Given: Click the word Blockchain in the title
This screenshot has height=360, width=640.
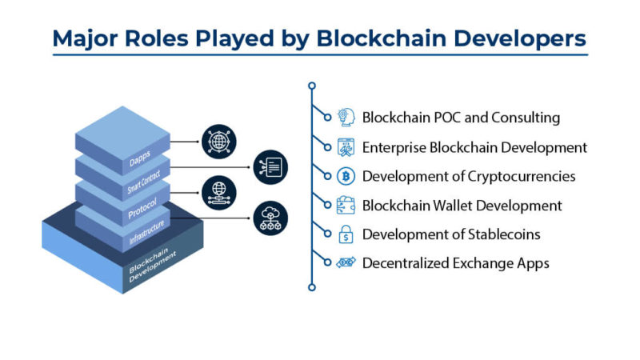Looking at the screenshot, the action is [382, 38].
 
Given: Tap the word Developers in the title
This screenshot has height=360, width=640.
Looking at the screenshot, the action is [520, 39].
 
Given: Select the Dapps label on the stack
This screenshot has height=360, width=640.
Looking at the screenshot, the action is [139, 158].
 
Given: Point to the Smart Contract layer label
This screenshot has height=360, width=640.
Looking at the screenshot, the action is [144, 182].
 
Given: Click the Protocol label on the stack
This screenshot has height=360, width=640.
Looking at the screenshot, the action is [142, 209].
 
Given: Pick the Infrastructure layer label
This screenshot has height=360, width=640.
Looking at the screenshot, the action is [146, 232].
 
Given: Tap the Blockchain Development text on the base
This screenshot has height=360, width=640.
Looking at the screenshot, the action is [152, 265].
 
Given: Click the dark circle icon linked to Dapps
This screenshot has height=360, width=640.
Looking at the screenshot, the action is [219, 142].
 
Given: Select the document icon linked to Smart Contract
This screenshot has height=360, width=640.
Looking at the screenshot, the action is [270, 167].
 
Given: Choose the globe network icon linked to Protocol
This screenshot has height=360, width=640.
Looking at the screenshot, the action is [219, 193].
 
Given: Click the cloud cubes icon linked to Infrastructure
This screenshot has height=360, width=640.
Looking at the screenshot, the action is [270, 218].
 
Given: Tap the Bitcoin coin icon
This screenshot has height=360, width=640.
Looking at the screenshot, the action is [346, 176].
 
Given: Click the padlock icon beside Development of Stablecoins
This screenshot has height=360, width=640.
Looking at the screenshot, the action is [346, 234].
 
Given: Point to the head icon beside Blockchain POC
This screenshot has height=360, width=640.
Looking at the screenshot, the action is [346, 118].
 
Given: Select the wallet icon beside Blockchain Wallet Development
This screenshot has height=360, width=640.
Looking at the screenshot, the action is [346, 206].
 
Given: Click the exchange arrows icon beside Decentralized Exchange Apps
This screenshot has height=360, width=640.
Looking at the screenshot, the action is [346, 262].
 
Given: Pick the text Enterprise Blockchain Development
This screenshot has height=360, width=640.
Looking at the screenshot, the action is [474, 147].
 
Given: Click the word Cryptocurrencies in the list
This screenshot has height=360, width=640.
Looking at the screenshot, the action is [522, 177].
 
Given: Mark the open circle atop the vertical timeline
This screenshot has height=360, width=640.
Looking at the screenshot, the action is [312, 86].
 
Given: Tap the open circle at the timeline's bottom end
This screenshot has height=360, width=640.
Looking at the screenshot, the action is [312, 287].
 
